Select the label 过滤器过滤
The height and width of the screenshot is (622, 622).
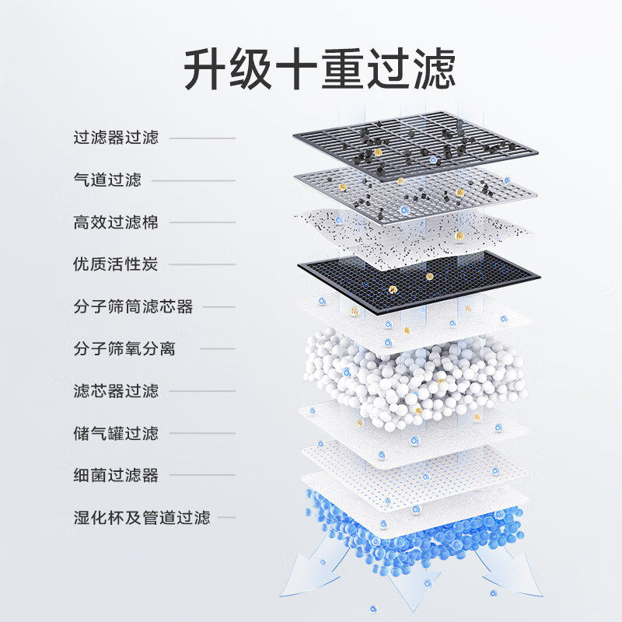pyautogui.click(x=116, y=138)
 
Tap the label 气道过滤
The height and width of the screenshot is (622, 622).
pyautogui.click(x=107, y=180)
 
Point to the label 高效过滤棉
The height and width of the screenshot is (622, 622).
pyautogui.click(x=116, y=222)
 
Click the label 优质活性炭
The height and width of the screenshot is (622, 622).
pyautogui.click(x=116, y=264)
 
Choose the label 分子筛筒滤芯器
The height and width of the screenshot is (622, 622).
pyautogui.click(x=133, y=306)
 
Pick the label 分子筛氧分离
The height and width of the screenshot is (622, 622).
pyautogui.click(x=124, y=348)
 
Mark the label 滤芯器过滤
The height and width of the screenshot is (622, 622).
pyautogui.click(x=116, y=391)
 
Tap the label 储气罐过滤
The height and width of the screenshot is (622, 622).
pyautogui.click(x=116, y=433)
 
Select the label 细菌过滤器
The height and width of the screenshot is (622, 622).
pyautogui.click(x=116, y=475)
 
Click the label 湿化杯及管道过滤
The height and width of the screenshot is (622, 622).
pyautogui.click(x=142, y=518)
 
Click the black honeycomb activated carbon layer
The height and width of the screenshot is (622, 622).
pyautogui.click(x=418, y=281)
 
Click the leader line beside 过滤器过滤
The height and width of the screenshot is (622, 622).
pyautogui.click(x=202, y=138)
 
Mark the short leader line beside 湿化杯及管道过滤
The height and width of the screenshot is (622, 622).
pyautogui.click(x=226, y=518)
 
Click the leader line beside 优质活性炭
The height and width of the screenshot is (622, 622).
pyautogui.click(x=202, y=264)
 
